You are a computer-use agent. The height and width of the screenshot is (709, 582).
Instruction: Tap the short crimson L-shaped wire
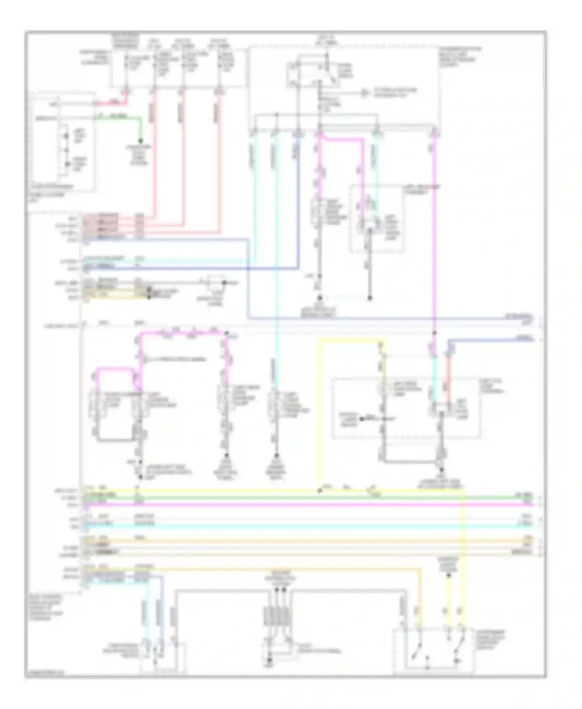113,103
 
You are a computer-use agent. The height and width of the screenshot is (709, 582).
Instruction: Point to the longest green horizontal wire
310,497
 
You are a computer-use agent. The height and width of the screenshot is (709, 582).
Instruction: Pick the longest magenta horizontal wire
310,505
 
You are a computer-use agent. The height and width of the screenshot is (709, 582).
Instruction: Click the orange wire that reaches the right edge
310,540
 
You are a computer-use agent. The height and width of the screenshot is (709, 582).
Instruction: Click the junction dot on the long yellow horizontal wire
320,491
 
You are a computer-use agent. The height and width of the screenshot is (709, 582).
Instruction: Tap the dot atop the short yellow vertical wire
449,575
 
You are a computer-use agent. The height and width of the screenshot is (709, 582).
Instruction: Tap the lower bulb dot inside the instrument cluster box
67,164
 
